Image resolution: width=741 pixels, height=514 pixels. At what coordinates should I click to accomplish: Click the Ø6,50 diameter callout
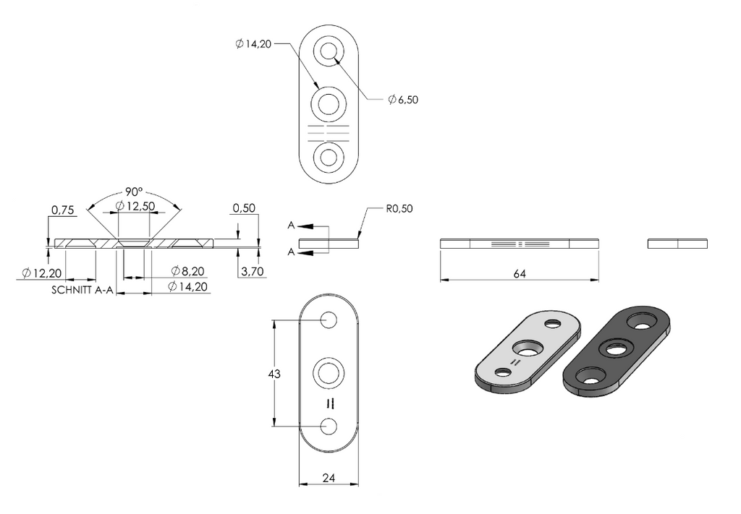pos(403,100)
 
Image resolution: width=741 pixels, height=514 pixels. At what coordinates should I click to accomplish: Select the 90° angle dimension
pos(134,192)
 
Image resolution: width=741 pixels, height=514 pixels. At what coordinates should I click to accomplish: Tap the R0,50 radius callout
pos(399,209)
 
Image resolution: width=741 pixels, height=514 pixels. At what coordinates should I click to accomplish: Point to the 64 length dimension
pos(520,274)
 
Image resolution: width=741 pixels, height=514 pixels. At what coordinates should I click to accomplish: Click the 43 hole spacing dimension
pos(274,374)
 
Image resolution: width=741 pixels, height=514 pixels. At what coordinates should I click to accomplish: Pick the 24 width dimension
pos(329,478)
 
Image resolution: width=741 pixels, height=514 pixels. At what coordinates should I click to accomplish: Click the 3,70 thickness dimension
pos(252,271)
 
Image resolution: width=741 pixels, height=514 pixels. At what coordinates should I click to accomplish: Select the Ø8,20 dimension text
pos(187,271)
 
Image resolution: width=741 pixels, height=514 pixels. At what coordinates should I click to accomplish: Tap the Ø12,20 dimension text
pos(41,273)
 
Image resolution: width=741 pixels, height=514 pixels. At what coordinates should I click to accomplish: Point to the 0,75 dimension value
pos(63,210)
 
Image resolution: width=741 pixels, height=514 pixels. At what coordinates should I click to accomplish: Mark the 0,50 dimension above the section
pos(244,207)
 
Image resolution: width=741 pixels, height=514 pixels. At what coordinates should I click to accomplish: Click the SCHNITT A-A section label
pos(82,290)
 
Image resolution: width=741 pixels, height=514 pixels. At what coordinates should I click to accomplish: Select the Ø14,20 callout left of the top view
pos(253,44)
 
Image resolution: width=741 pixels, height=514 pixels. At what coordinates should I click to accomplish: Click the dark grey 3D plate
pos(617,351)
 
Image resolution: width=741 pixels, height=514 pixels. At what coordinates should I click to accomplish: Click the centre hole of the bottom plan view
pos(329,373)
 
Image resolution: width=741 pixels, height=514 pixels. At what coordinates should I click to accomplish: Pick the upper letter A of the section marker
pos(291,226)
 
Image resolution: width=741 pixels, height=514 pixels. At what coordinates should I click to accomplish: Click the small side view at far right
pos(677,244)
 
